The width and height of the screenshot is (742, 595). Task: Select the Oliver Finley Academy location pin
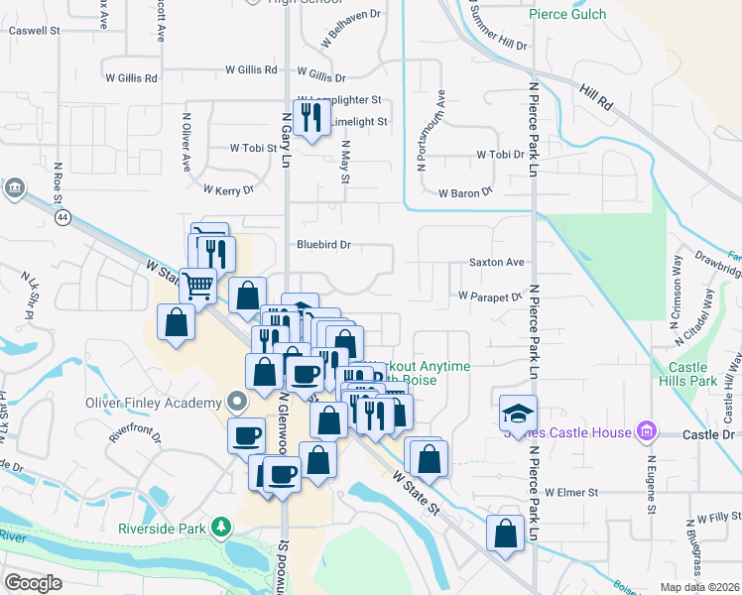coord(237,402)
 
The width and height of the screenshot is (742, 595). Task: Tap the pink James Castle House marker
coord(647,430)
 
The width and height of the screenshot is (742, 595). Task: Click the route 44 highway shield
coord(62,216)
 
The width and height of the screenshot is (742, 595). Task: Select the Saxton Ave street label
coord(496,263)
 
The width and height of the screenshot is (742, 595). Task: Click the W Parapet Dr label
coord(489,296)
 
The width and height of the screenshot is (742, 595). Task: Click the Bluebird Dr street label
coord(324,244)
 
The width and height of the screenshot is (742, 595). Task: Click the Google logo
coord(34,582)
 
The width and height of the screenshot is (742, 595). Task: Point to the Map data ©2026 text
coord(698,587)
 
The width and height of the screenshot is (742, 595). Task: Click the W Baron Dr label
coord(465,193)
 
